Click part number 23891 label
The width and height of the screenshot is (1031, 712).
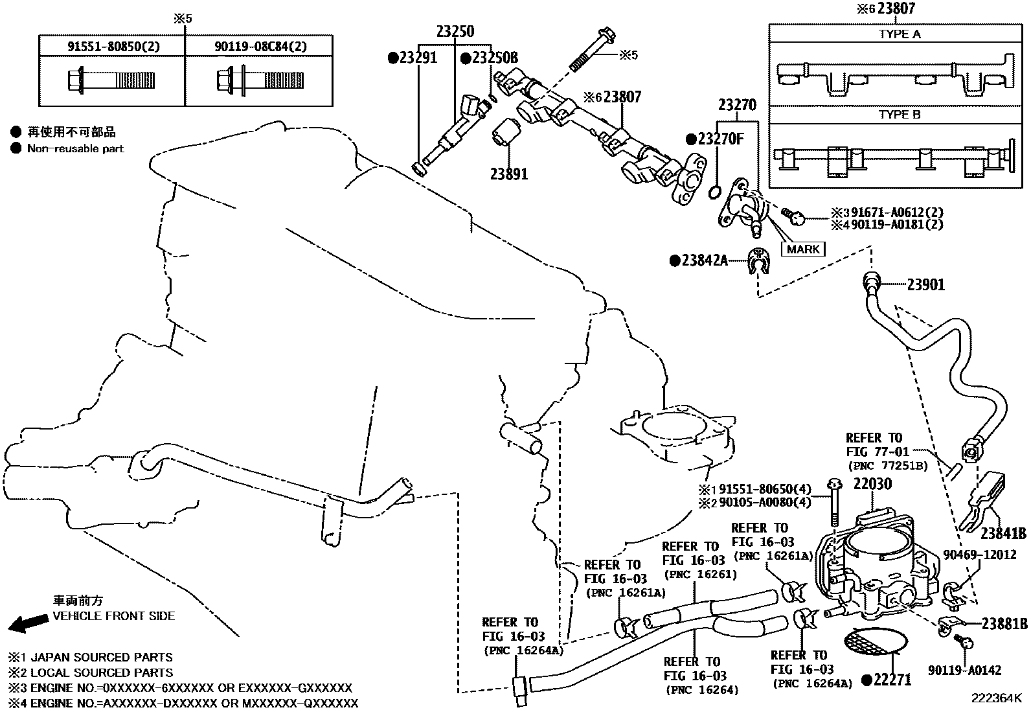tap(508, 174)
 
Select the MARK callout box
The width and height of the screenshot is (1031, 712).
tap(803, 249)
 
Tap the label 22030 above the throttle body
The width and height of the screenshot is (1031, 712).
tap(872, 484)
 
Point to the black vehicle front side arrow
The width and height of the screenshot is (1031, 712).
tap(28, 624)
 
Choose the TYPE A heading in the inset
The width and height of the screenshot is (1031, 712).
tap(899, 34)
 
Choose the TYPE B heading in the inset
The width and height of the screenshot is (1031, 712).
tap(899, 115)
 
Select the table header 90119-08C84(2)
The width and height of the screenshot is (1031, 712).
tap(260, 46)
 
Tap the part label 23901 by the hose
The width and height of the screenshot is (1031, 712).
tap(925, 284)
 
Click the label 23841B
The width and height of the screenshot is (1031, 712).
tap(1003, 534)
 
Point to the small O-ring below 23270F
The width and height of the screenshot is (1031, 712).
tap(714, 192)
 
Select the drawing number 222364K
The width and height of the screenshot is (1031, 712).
tap(995, 698)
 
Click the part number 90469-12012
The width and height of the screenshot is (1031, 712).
tap(979, 555)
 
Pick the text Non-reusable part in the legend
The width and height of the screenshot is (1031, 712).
tap(75, 148)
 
